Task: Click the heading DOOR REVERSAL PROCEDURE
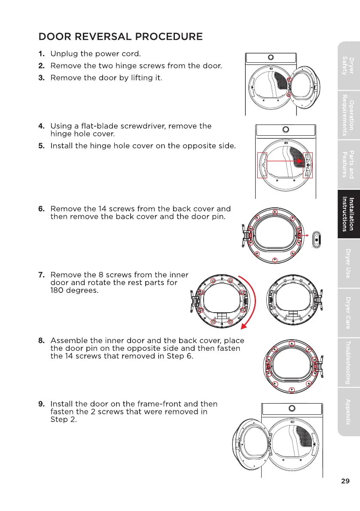pyautogui.click(x=120, y=36)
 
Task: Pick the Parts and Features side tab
pyautogui.click(x=348, y=164)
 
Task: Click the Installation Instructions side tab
pyautogui.click(x=348, y=214)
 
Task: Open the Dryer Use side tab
pyautogui.click(x=348, y=263)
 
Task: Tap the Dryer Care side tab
pyautogui.click(x=348, y=313)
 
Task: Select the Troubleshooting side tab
pyautogui.click(x=348, y=362)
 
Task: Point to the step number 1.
pyautogui.click(x=42, y=55)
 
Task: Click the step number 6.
pyautogui.click(x=42, y=209)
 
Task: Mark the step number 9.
pyautogui.click(x=42, y=404)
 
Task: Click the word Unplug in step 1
pyautogui.click(x=63, y=55)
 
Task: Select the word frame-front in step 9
pyautogui.click(x=157, y=404)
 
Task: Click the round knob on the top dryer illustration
pyautogui.click(x=271, y=58)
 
